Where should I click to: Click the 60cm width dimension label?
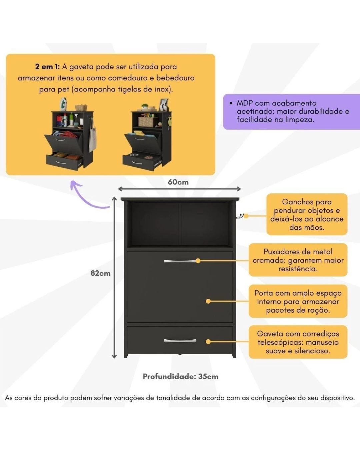point(178,182)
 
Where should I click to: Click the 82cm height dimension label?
point(100,273)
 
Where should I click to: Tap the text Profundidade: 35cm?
point(180,376)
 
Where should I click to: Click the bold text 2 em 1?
point(47,67)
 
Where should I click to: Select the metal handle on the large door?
point(180,261)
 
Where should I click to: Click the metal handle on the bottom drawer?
point(180,341)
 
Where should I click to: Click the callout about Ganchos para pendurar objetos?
point(307,214)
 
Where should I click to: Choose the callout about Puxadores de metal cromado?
point(298,260)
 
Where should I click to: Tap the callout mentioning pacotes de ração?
point(298,301)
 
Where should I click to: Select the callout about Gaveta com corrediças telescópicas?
point(298,342)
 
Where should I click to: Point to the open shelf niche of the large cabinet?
point(180,224)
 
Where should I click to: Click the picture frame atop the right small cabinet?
point(164,104)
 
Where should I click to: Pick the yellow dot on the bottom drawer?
point(208,342)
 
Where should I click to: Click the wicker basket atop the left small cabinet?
point(81,107)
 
